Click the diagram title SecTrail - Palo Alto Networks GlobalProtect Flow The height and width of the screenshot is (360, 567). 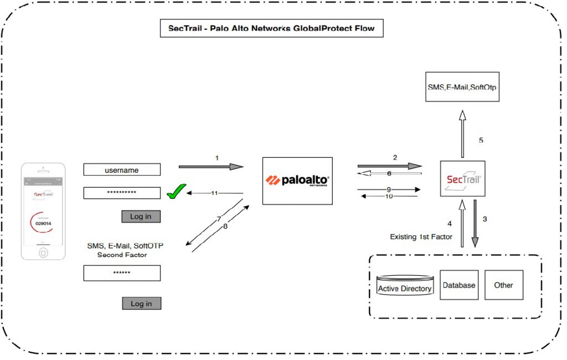(x=271, y=28)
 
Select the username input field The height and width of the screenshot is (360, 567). (x=122, y=171)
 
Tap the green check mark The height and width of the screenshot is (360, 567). (x=176, y=193)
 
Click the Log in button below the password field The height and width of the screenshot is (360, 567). (x=141, y=216)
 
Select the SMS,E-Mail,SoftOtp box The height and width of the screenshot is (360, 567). (x=462, y=87)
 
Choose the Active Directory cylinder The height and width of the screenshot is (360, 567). (x=404, y=285)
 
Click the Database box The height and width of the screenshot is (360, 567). (x=459, y=285)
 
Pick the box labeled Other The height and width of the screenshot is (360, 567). (x=503, y=285)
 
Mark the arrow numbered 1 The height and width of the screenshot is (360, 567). (x=211, y=166)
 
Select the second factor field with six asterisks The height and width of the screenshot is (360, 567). (x=122, y=273)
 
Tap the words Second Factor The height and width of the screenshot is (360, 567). (x=121, y=255)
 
